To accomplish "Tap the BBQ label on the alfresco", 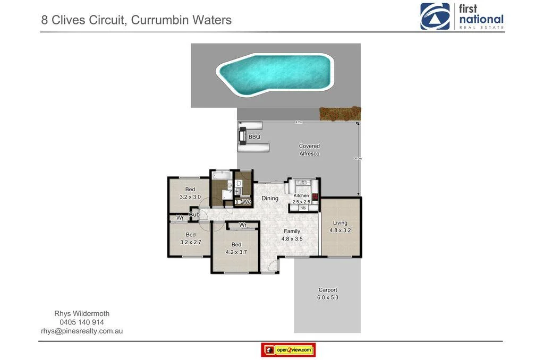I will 254,137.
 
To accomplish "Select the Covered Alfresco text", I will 309,149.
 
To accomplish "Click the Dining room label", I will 270,199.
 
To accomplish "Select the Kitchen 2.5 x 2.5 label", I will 301,199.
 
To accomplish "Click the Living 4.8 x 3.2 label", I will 340,227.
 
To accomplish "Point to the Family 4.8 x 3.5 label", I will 292,235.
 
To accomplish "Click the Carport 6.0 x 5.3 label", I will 328,294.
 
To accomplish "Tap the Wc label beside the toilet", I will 246,202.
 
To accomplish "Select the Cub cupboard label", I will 194,215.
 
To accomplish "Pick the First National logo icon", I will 435,16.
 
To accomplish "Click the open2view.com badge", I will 288,350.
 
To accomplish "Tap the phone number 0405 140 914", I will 82,322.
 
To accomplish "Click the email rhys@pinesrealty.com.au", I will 82,331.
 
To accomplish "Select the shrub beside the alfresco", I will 340,114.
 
